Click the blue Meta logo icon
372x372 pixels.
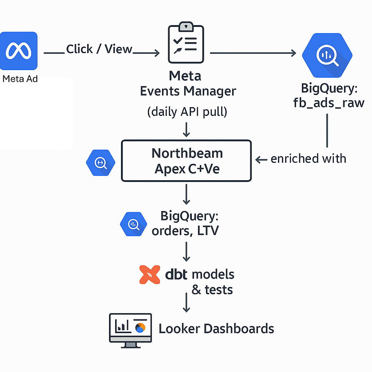(x=19, y=51)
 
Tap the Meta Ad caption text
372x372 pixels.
(x=20, y=79)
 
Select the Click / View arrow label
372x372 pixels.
(x=99, y=49)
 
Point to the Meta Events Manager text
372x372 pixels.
(x=188, y=84)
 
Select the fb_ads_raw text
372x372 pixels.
(x=328, y=103)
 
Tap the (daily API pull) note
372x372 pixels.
(x=187, y=112)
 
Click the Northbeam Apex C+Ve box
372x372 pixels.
(x=186, y=161)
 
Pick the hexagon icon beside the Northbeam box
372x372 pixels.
(x=101, y=163)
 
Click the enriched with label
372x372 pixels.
(x=308, y=159)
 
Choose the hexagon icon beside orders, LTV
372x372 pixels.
(x=133, y=225)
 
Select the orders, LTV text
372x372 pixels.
(x=185, y=231)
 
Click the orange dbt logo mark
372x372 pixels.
(x=150, y=275)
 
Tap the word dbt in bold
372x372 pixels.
(x=176, y=275)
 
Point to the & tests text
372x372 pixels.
(x=212, y=290)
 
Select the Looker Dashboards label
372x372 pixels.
(x=216, y=328)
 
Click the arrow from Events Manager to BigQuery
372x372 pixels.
(x=253, y=53)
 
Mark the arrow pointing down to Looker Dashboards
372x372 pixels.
(x=186, y=303)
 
